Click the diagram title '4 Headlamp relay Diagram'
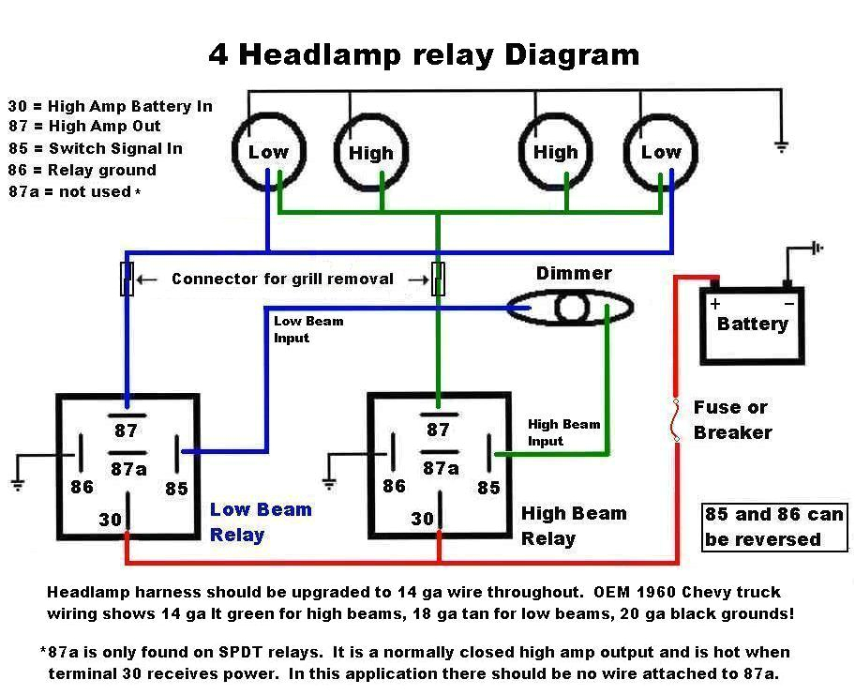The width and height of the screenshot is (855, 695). click(424, 53)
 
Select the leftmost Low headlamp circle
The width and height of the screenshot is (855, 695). click(268, 152)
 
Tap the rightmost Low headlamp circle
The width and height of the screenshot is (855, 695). click(660, 152)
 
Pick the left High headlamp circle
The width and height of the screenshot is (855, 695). click(371, 153)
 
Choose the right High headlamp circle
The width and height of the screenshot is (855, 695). click(556, 152)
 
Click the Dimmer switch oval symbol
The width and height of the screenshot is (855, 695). click(570, 308)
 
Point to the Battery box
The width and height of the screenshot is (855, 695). click(752, 325)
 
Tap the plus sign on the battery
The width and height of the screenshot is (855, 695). click(715, 304)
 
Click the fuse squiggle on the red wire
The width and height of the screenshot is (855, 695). click(674, 419)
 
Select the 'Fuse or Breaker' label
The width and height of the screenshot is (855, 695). click(732, 419)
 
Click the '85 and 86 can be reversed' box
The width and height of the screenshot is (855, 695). click(774, 526)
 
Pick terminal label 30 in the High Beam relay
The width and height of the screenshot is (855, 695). click(422, 519)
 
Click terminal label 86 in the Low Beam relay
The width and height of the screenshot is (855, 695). click(82, 487)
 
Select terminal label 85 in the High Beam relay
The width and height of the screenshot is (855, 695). click(488, 487)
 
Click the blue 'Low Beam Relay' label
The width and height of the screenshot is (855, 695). click(260, 521)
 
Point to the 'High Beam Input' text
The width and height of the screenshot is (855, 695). click(562, 432)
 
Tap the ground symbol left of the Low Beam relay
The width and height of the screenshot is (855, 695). click(16, 483)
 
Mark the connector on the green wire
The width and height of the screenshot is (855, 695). click(437, 279)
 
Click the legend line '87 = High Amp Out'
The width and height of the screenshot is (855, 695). click(84, 127)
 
